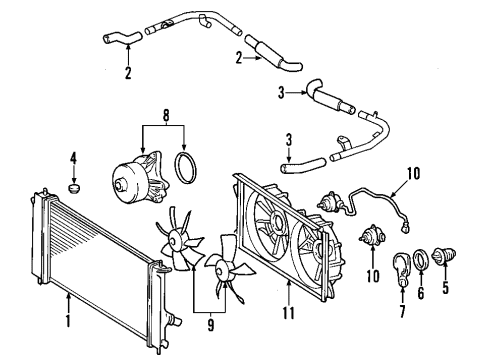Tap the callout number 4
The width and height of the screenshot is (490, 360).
pos(72,156)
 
